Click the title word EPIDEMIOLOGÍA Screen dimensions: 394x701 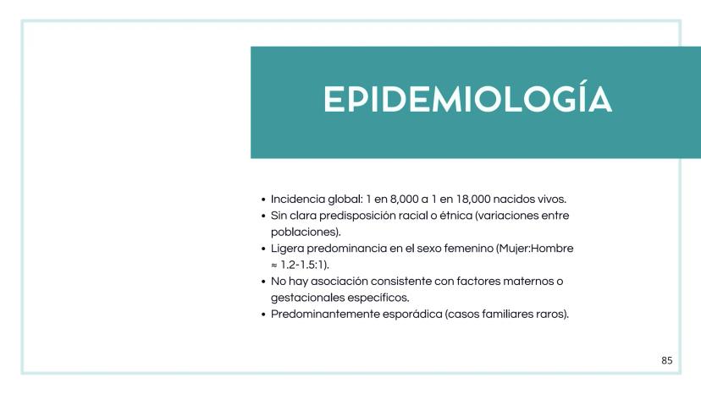(467, 101)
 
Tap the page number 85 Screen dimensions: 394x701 (667, 361)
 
